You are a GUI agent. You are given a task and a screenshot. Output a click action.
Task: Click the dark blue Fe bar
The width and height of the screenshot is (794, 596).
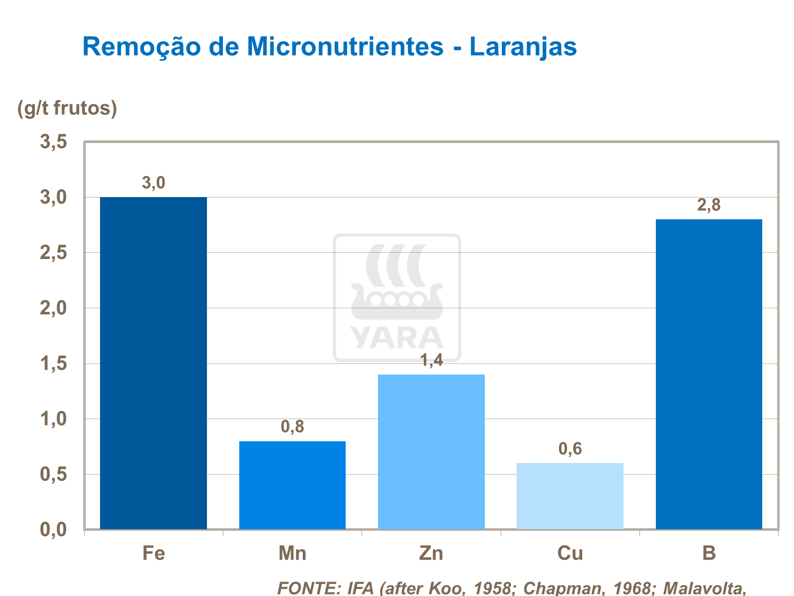[x=154, y=363]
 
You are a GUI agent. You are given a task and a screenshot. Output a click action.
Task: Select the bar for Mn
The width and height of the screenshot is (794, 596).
[x=292, y=485]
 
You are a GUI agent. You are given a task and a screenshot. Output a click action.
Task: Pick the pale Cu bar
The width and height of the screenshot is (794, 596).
[x=570, y=496]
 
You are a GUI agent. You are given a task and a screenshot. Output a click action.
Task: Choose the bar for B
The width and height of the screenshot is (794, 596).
[x=709, y=374]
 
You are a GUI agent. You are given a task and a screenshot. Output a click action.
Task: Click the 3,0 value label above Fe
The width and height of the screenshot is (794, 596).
[x=154, y=183]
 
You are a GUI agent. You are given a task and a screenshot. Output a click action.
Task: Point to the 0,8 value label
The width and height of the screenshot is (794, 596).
[x=292, y=427]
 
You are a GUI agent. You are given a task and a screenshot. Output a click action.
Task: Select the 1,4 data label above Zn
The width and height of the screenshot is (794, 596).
[x=431, y=361]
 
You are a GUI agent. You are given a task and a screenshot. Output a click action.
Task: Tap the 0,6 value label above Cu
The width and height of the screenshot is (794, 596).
[x=570, y=449]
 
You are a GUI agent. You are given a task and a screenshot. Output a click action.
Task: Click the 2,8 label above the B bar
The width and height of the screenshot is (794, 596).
[x=709, y=206]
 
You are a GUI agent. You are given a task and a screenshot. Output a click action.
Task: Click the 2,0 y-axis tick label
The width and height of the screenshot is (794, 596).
[x=53, y=308]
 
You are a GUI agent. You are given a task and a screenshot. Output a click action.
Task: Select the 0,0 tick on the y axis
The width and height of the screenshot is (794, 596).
[x=53, y=529]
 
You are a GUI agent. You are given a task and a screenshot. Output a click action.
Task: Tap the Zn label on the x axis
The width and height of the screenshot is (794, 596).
[x=431, y=553]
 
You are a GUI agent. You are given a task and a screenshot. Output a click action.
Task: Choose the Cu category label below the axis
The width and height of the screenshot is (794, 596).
[x=570, y=553]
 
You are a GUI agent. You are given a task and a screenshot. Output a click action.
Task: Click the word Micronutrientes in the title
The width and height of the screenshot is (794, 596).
[x=345, y=47]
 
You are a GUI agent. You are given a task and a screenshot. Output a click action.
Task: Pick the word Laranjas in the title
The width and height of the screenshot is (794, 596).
[x=523, y=47]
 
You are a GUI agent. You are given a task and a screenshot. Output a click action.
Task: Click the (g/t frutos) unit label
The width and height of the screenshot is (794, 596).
[x=67, y=108]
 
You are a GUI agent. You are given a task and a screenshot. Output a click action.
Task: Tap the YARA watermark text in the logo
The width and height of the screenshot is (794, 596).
[x=396, y=338]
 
